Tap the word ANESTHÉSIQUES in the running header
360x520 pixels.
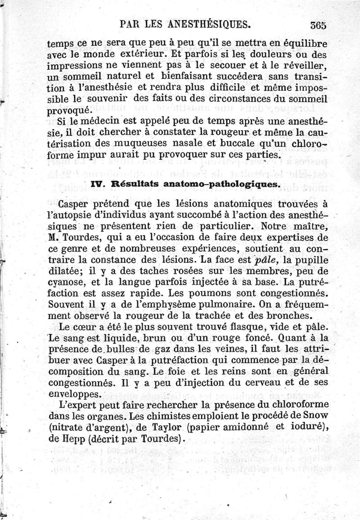coord(209,23)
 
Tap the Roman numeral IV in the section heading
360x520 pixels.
coord(99,184)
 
